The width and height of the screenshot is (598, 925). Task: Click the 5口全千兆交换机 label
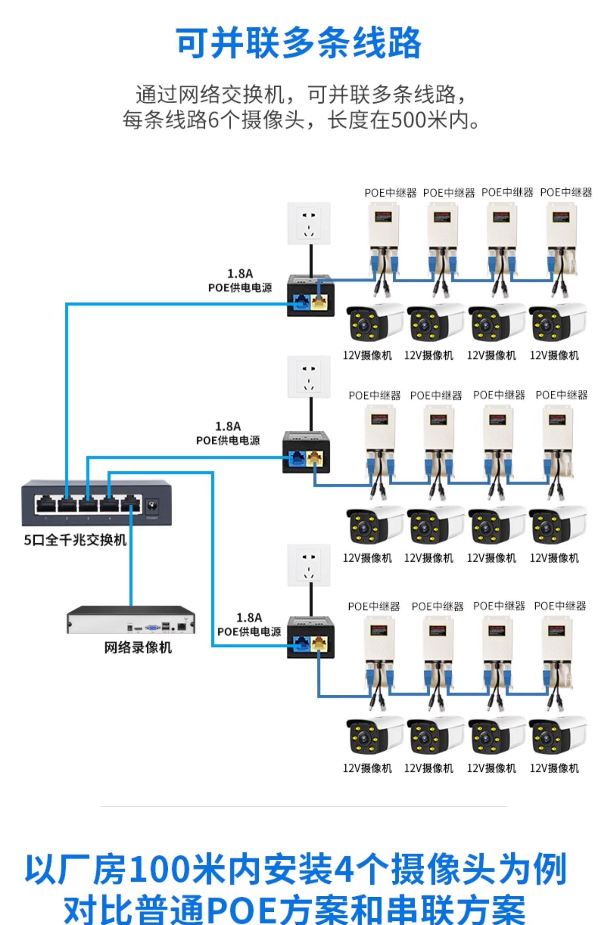(x=75, y=540)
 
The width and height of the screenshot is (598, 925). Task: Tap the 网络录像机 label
(x=138, y=647)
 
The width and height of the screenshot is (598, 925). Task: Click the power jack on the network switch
(x=152, y=507)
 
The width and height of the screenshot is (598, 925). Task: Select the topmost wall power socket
(x=309, y=223)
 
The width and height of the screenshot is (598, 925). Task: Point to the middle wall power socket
(x=309, y=377)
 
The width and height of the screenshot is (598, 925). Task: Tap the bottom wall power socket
(x=309, y=565)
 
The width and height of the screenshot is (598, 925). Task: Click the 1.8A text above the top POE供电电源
(x=240, y=274)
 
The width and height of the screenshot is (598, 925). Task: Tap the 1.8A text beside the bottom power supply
(x=249, y=617)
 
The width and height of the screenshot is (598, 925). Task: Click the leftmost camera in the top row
(x=374, y=323)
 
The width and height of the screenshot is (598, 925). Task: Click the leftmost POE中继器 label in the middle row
(x=374, y=396)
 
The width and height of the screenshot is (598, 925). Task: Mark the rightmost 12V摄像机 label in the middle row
(x=554, y=558)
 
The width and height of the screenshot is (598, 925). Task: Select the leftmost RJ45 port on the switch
(x=46, y=505)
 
